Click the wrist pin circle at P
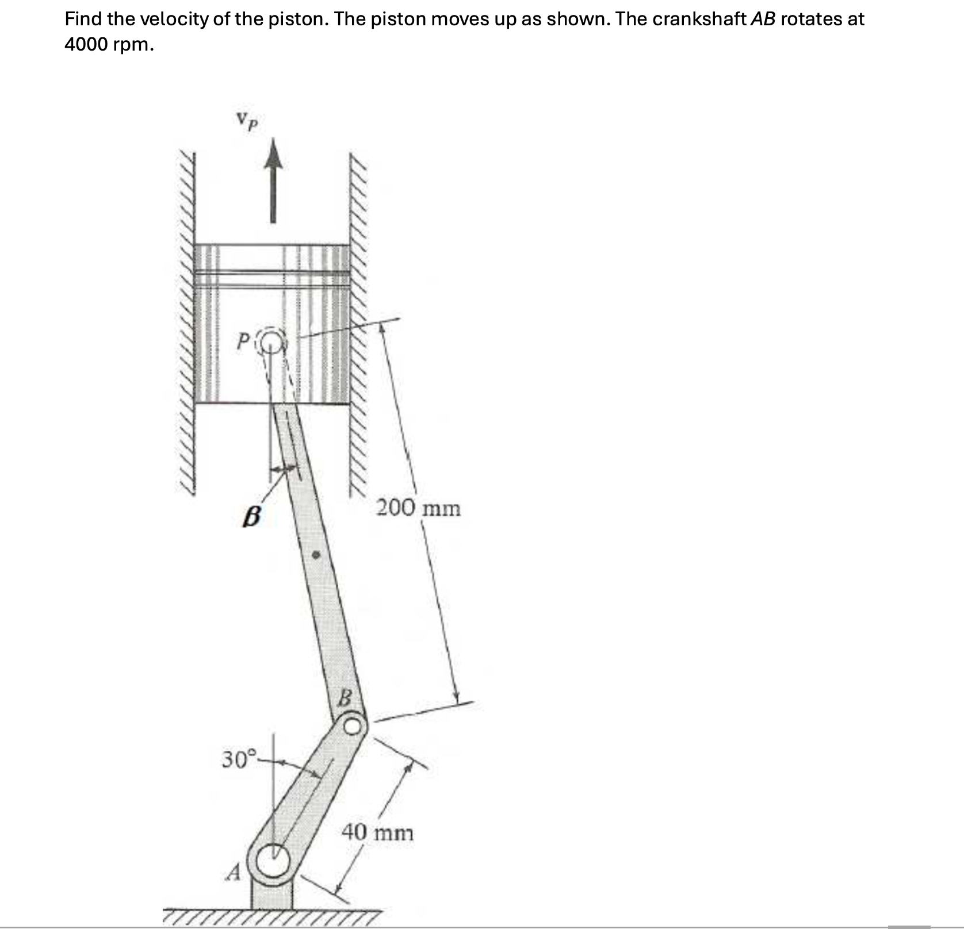(273, 344)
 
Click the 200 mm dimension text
(418, 508)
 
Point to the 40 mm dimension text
(378, 832)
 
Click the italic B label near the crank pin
(344, 698)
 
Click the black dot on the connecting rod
(316, 556)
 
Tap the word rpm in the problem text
(133, 45)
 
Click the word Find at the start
(83, 19)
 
